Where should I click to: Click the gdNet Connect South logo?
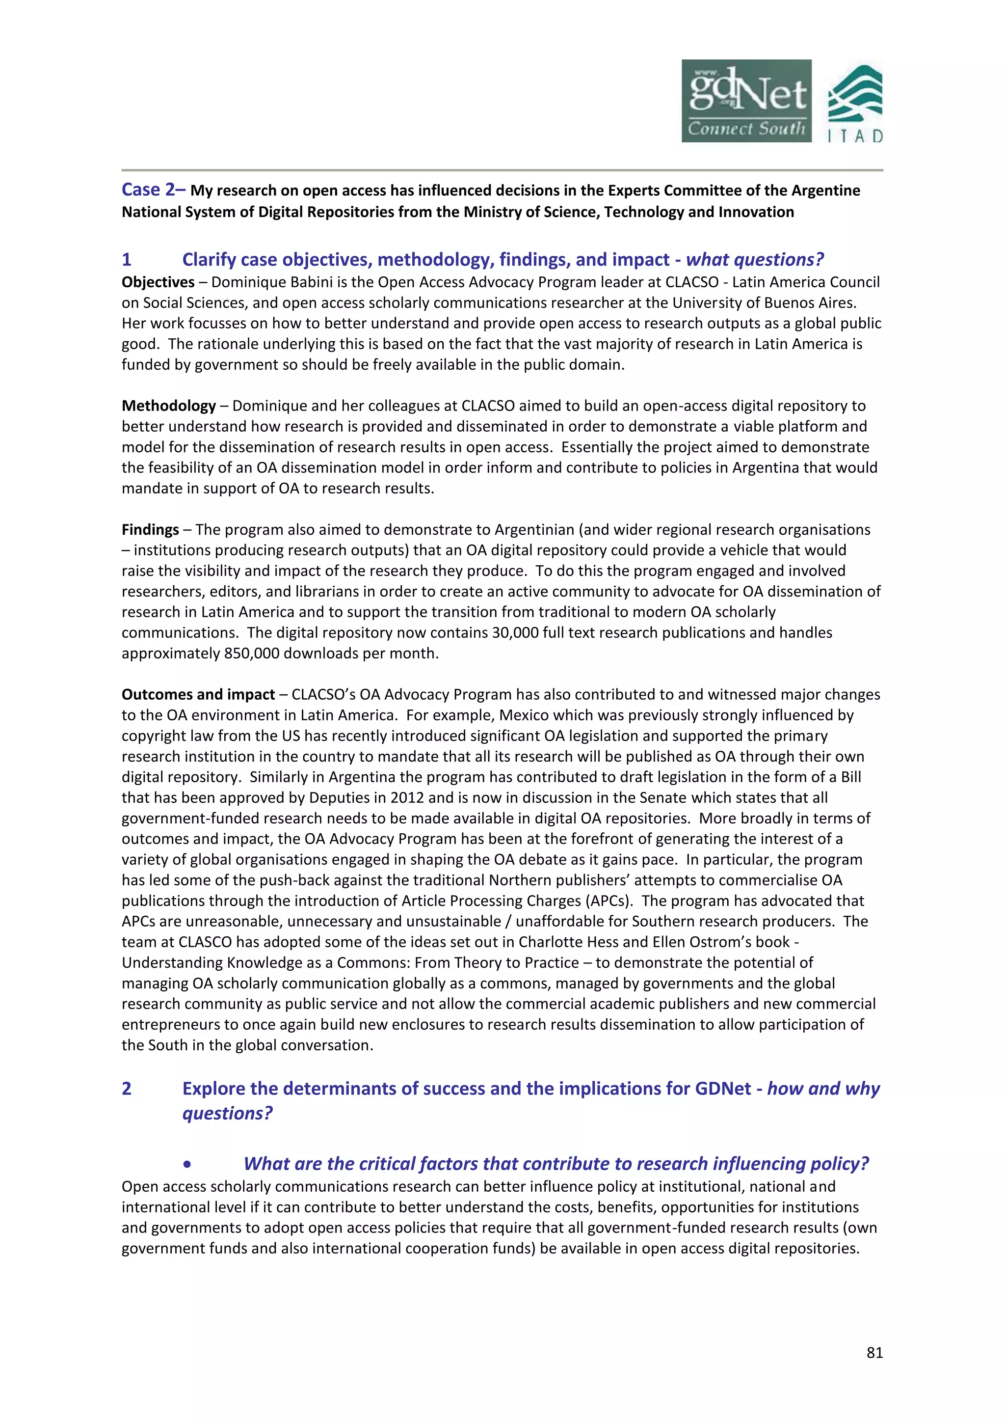pos(746,101)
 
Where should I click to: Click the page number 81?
pos(874,1353)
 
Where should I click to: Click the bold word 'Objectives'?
pos(158,282)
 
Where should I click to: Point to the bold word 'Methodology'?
pos(168,406)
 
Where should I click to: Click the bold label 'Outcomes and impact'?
pos(198,695)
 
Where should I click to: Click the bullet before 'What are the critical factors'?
pos(187,1164)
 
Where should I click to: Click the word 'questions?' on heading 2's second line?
pos(227,1114)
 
